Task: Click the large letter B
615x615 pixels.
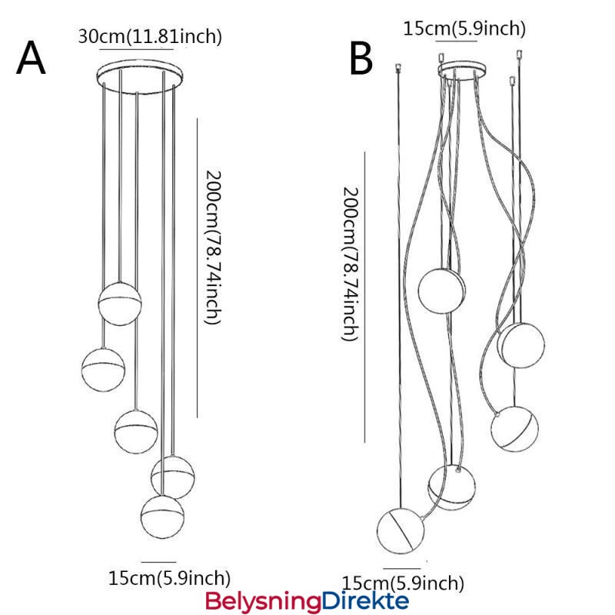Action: pos(361,59)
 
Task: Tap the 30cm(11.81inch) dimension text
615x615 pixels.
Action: pos(150,35)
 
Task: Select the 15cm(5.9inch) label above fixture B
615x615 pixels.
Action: pos(464,28)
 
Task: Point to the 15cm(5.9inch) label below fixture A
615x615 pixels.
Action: pos(169,577)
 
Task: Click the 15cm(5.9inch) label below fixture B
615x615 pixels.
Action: pos(403,582)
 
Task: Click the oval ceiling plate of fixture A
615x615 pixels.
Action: pos(139,75)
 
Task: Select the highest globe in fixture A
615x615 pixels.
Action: pos(120,304)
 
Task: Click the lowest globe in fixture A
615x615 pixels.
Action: pos(162,516)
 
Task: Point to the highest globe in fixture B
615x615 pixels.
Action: pos(442,289)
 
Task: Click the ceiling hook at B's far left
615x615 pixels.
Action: pos(398,68)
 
